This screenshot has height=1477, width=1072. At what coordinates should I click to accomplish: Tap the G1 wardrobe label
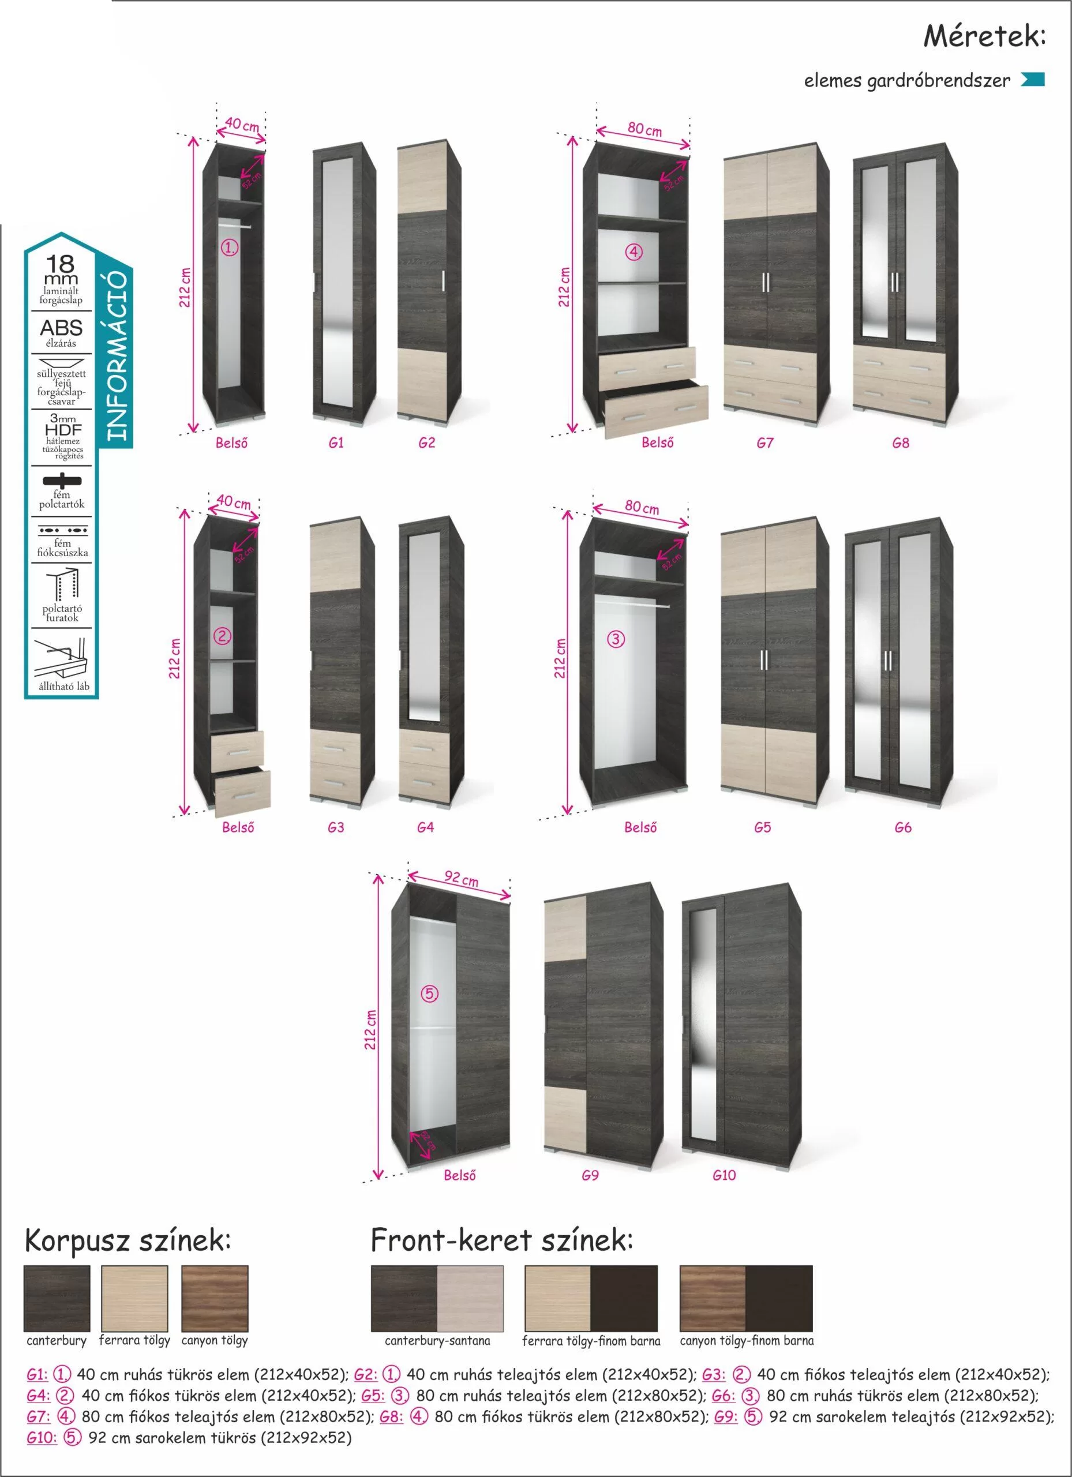coord(336,443)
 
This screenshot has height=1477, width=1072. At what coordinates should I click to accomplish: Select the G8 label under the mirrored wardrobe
coord(901,443)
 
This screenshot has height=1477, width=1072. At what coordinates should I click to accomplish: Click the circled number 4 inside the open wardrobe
coord(634,252)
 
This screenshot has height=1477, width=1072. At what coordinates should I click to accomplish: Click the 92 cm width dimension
coord(461,880)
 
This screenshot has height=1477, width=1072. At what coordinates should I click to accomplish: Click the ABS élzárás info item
coord(61,332)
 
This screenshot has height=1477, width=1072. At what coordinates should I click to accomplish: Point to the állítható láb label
coord(64,687)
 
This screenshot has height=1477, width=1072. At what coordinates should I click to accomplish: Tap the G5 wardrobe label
coord(763,827)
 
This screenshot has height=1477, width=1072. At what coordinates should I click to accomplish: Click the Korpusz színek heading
coord(128,1240)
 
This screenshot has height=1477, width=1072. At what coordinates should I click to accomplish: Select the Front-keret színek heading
coord(501,1240)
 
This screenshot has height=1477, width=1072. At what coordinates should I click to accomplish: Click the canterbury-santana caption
coord(437,1341)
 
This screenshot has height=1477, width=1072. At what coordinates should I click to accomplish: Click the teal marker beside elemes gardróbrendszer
coord(1033,80)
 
